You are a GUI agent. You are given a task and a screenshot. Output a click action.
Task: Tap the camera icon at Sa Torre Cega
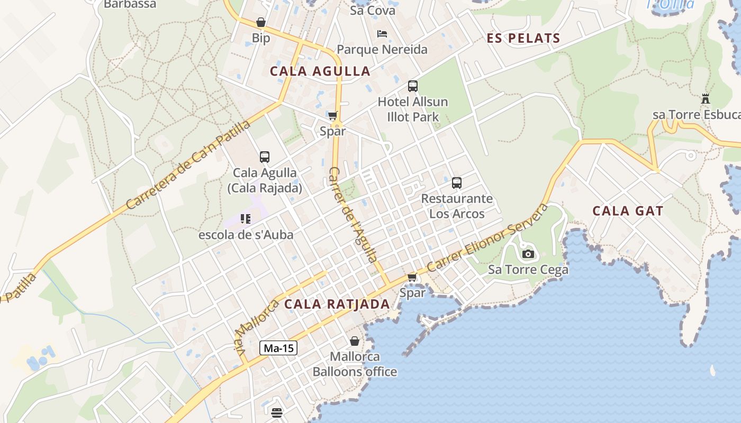[528, 254]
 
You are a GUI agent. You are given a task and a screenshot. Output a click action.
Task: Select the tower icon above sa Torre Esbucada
[705, 99]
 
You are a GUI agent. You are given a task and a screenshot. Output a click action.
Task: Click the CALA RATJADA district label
[337, 304]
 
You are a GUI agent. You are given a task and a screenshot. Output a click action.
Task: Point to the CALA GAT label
[628, 211]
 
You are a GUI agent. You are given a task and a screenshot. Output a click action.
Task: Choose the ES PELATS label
[523, 38]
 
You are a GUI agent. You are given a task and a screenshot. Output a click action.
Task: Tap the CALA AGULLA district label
[320, 71]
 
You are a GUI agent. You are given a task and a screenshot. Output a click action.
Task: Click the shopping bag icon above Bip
[260, 23]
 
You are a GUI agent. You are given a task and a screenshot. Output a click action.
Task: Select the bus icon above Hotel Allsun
[413, 86]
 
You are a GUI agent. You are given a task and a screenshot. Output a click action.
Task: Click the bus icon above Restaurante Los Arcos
[456, 183]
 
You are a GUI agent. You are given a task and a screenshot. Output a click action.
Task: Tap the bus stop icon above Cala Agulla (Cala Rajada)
[265, 157]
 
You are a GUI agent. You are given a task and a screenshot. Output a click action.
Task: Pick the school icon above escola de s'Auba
[245, 218]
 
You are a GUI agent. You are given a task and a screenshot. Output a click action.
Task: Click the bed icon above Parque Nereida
[382, 34]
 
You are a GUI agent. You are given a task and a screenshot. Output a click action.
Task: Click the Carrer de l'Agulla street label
[354, 215]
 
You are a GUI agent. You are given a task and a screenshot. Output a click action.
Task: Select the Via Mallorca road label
[256, 328]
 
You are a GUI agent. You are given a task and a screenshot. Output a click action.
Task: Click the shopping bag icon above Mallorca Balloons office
[354, 341]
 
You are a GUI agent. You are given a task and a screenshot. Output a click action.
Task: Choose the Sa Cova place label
[373, 10]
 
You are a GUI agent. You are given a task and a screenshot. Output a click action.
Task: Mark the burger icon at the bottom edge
[276, 413]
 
